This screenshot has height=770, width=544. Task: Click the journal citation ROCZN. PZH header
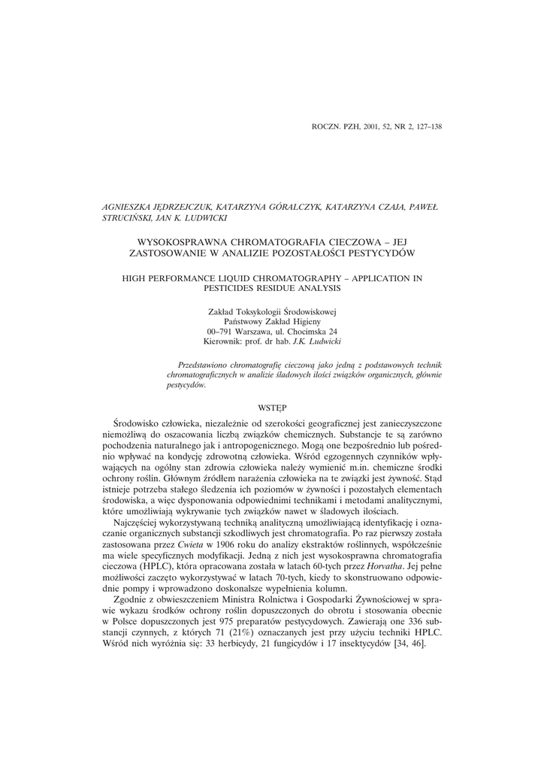tap(376, 126)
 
